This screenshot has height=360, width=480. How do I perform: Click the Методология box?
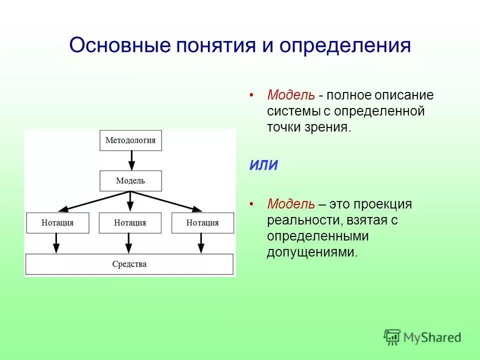click(130, 140)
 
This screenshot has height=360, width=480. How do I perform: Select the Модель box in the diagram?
click(130, 180)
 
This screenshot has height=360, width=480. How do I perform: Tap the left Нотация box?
click(57, 223)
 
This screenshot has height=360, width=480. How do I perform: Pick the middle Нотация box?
click(130, 223)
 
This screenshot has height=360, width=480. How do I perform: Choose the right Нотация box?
click(202, 223)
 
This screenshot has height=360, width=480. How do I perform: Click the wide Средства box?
click(129, 264)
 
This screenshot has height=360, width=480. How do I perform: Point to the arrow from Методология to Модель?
click(131, 160)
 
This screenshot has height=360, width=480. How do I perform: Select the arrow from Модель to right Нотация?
click(167, 200)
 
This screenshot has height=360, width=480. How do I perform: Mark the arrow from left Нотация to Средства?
click(56, 243)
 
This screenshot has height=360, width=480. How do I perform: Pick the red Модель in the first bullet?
click(291, 95)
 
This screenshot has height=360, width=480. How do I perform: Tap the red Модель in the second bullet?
click(291, 204)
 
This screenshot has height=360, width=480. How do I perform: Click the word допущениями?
click(311, 252)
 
